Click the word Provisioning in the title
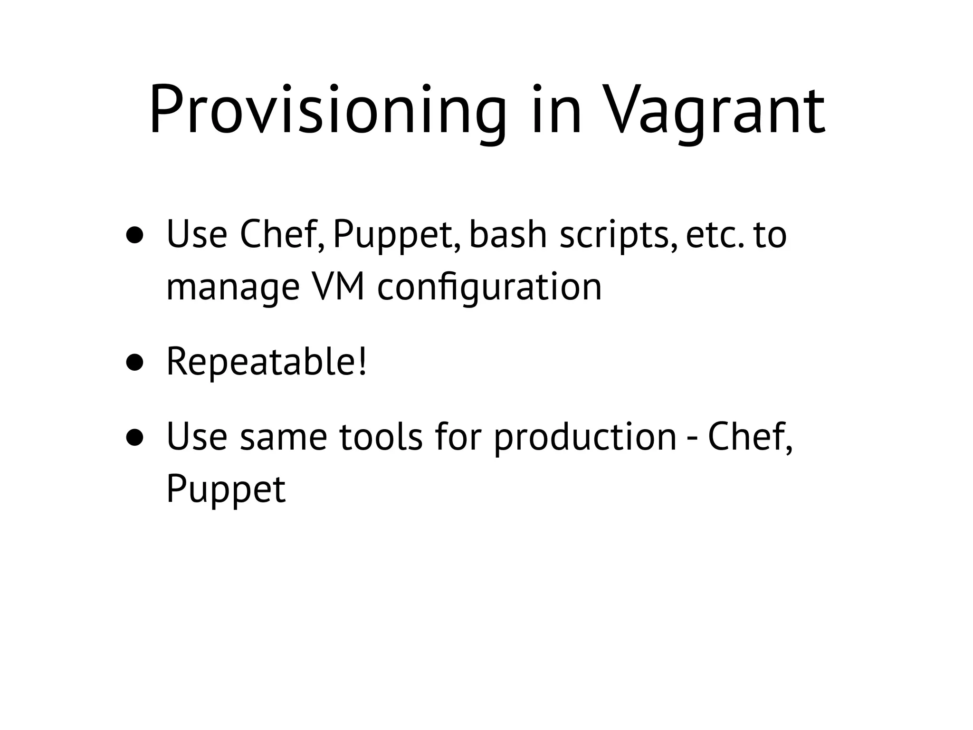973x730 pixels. point(327,110)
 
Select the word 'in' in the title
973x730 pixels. point(556,110)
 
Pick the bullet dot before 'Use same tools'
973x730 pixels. point(135,438)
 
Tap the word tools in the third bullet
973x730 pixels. point(381,438)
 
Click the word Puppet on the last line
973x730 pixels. point(226,490)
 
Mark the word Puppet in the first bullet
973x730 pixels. point(396,236)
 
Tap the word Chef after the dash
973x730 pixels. point(750,438)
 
